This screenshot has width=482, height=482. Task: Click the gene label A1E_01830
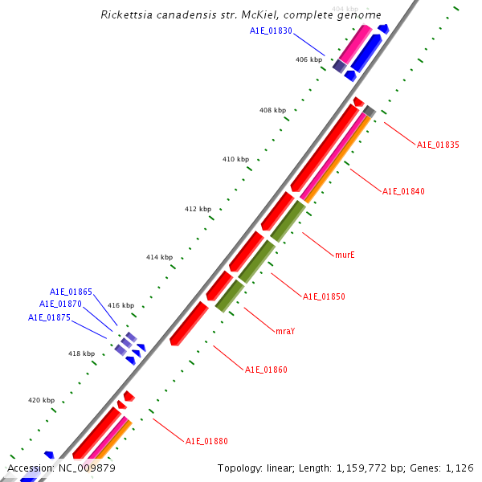point(271,31)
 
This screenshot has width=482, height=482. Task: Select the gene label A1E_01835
point(438,145)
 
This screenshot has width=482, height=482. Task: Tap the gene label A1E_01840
point(403,191)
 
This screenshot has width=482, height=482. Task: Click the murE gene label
point(345,255)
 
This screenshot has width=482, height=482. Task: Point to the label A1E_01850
point(324,296)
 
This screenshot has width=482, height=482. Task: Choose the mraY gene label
point(285,331)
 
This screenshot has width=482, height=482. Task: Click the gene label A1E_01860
point(266,370)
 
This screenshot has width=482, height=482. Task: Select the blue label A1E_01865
point(71,292)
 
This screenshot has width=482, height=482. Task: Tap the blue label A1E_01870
point(60,304)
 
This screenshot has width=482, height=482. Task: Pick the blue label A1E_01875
point(49,317)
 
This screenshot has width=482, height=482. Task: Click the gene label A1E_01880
point(206,441)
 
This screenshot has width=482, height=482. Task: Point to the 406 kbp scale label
point(308,59)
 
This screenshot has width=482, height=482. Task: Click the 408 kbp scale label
point(272,110)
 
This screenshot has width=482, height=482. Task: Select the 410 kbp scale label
point(235,160)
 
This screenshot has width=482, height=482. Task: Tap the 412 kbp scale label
point(198,209)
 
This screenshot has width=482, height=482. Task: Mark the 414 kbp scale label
point(159,257)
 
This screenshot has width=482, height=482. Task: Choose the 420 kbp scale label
point(41,400)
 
